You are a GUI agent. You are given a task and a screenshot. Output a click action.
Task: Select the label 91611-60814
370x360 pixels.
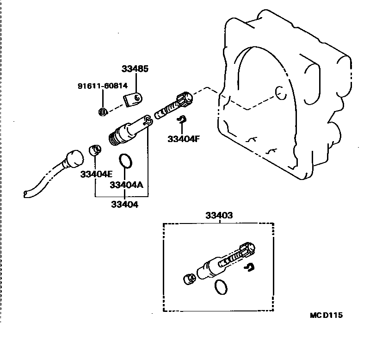(103, 86)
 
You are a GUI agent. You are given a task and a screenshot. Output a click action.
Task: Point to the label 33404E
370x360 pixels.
(96, 174)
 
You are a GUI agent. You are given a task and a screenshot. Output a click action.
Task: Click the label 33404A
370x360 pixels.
(126, 185)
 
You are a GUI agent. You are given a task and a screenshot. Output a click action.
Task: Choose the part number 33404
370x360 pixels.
(124, 204)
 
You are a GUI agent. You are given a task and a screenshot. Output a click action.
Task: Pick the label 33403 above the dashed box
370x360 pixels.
(219, 216)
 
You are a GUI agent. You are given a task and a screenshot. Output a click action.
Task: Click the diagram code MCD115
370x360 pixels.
(326, 316)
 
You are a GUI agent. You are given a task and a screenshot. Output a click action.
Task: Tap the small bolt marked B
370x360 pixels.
(103, 112)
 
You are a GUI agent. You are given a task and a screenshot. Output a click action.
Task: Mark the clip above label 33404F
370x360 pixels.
(183, 120)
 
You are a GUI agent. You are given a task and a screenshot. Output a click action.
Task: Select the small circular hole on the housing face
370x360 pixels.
(279, 92)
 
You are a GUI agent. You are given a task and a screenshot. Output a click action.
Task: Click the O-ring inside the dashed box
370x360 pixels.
(222, 288)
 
